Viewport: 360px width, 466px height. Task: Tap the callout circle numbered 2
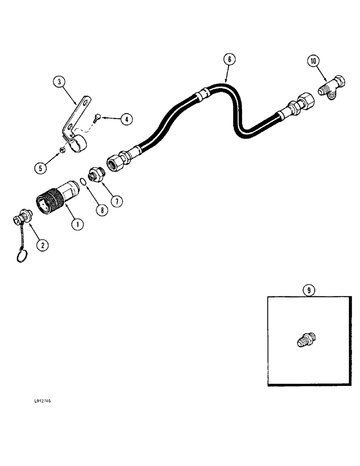[42, 244]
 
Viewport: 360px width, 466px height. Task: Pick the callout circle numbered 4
[125, 119]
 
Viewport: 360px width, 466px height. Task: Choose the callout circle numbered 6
[228, 59]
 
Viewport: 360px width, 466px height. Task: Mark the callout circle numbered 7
[116, 201]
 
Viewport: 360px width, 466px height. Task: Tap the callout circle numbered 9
[308, 290]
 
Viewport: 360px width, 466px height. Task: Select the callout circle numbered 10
[313, 60]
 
